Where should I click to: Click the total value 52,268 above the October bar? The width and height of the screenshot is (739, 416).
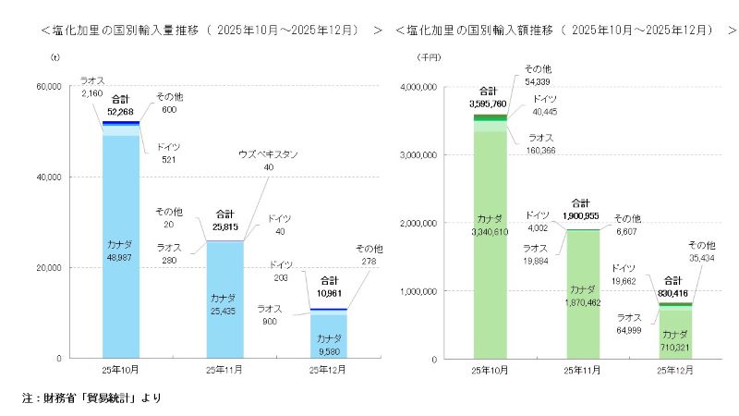tap(120, 111)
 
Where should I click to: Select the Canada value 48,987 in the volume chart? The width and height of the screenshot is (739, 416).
tap(120, 263)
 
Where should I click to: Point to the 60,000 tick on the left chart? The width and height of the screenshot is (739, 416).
tap(47, 87)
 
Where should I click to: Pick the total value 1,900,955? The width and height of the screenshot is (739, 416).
tap(580, 214)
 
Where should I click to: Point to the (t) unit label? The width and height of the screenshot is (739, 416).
tap(55, 57)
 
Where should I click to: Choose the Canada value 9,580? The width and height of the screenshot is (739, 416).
tap(330, 350)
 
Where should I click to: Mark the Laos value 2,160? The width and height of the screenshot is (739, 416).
tap(91, 93)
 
